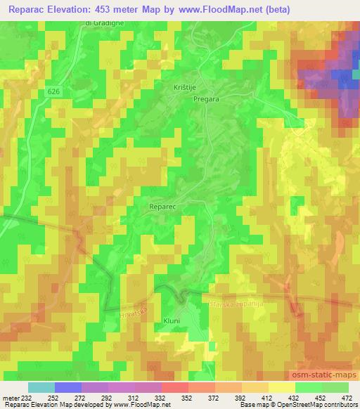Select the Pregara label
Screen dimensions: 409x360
tap(207, 100)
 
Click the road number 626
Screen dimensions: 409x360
tap(55, 92)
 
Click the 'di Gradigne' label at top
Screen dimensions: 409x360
tap(103, 23)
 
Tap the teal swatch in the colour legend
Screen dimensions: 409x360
tap(41, 387)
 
